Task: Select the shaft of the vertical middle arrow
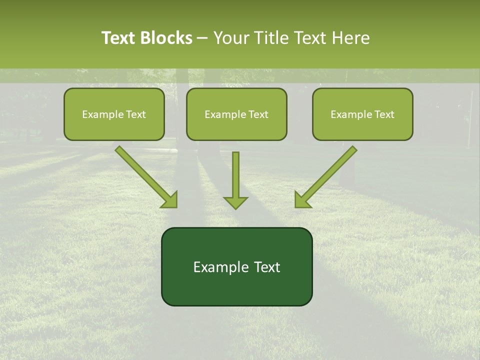(x=235, y=172)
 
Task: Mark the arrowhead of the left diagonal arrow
(x=170, y=200)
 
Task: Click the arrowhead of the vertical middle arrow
(x=235, y=202)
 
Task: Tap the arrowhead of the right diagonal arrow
(x=302, y=200)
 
